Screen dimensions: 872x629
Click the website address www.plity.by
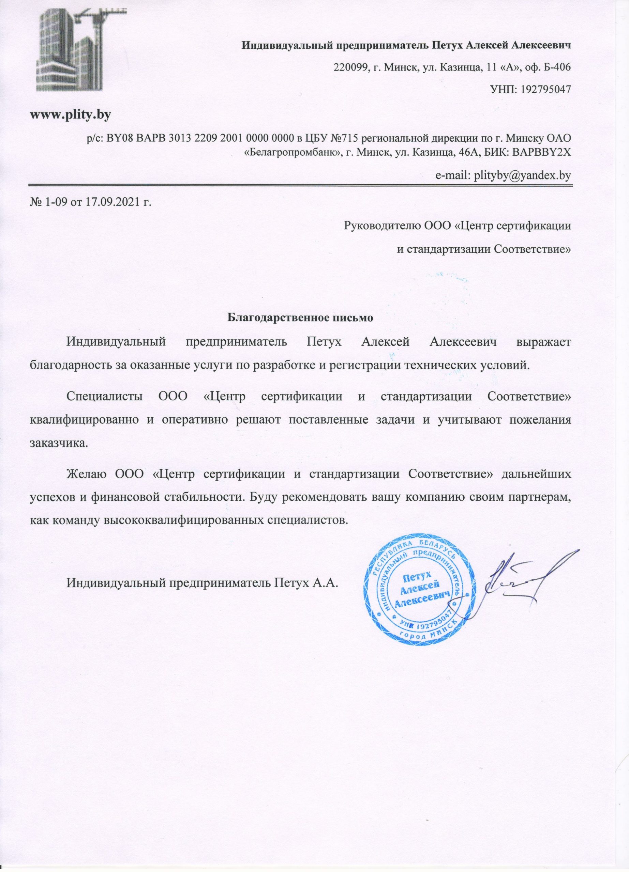pos(71,114)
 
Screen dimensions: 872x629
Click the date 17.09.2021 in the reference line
pos(110,202)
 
